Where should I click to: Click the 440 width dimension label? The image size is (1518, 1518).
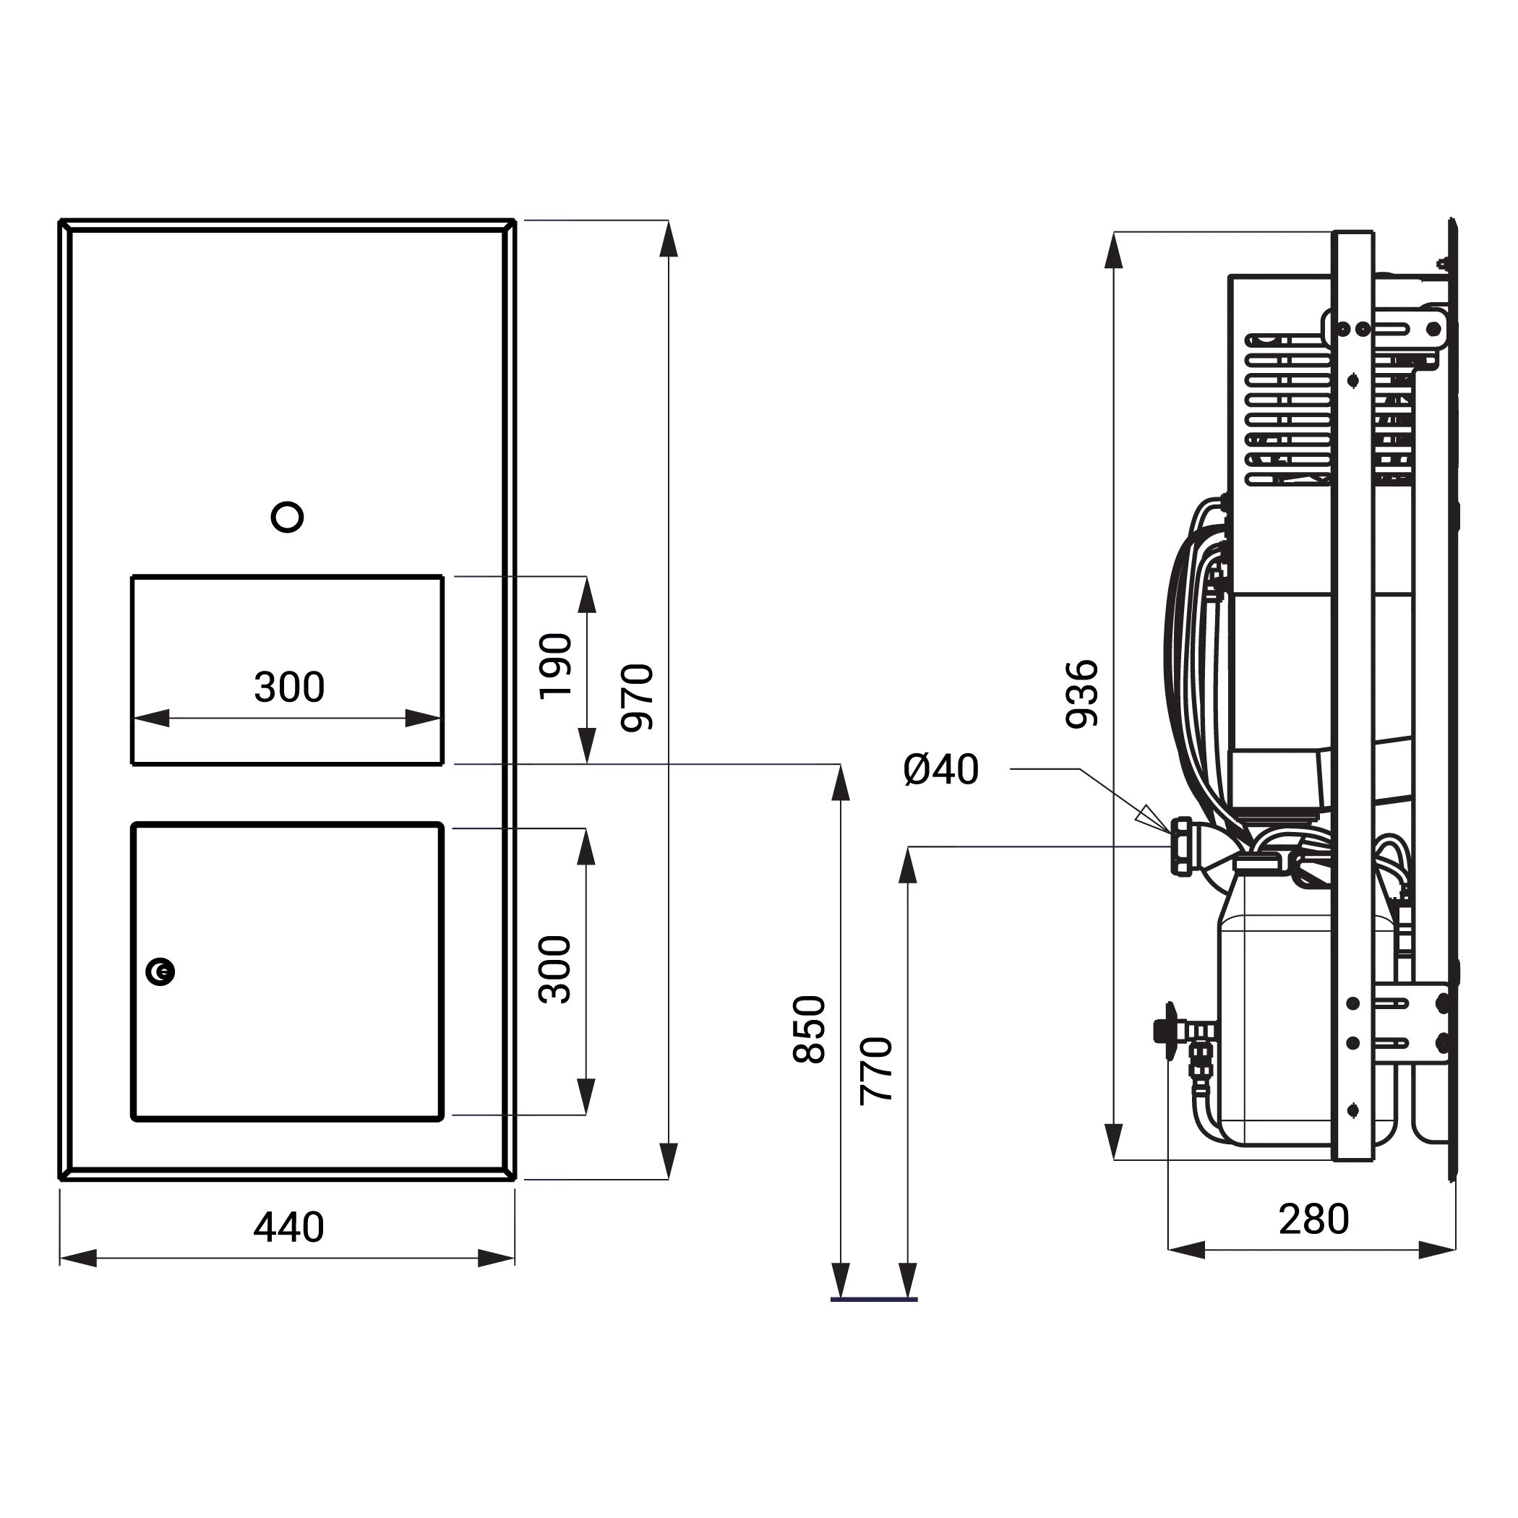pyautogui.click(x=288, y=1227)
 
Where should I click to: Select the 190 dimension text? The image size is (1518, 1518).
pyautogui.click(x=555, y=666)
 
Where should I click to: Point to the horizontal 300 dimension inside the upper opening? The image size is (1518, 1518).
pyautogui.click(x=289, y=687)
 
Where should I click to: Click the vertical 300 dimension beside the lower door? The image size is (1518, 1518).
pyautogui.click(x=554, y=969)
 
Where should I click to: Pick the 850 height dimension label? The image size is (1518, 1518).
pyautogui.click(x=810, y=1029)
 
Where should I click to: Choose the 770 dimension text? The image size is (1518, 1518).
pyautogui.click(x=877, y=1071)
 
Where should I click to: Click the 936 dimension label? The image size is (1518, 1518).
pyautogui.click(x=1082, y=695)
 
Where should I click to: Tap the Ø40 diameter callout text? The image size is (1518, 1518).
pyautogui.click(x=941, y=769)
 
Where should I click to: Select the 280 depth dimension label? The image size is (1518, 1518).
pyautogui.click(x=1313, y=1219)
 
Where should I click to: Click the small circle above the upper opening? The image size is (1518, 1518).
pyautogui.click(x=287, y=517)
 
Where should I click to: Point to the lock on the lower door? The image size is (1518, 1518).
pyautogui.click(x=160, y=972)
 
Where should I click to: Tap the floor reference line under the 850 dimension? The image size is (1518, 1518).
pyautogui.click(x=874, y=1300)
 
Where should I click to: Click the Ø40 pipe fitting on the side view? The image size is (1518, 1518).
pyautogui.click(x=1182, y=846)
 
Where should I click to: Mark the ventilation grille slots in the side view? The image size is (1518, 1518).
pyautogui.click(x=1290, y=409)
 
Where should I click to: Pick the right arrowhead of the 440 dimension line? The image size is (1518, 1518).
pyautogui.click(x=497, y=1258)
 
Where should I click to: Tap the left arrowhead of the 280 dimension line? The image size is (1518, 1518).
pyautogui.click(x=1186, y=1249)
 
